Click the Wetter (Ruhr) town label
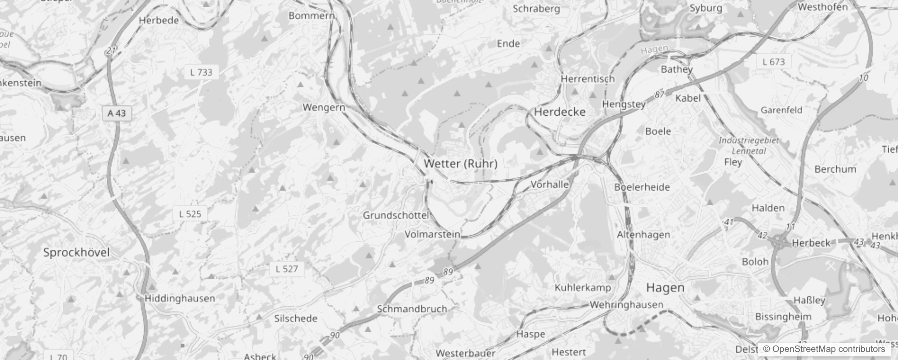tap(460, 163)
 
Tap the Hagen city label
tap(665, 288)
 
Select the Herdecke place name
tap(560, 112)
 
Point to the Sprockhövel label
tap(76, 252)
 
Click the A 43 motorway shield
tap(117, 113)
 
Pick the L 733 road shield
tap(201, 72)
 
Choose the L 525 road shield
tap(190, 214)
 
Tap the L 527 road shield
tap(287, 269)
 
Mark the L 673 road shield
tap(773, 62)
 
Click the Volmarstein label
tap(432, 234)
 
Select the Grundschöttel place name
tap(396, 216)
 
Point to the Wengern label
tap(324, 108)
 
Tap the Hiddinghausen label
tap(180, 298)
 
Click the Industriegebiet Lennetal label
tap(749, 145)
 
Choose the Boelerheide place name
tap(642, 187)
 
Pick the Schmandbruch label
tap(412, 309)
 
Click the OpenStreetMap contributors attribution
tap(824, 349)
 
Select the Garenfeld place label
tap(781, 110)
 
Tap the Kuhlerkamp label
tap(583, 288)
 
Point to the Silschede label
tap(296, 319)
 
